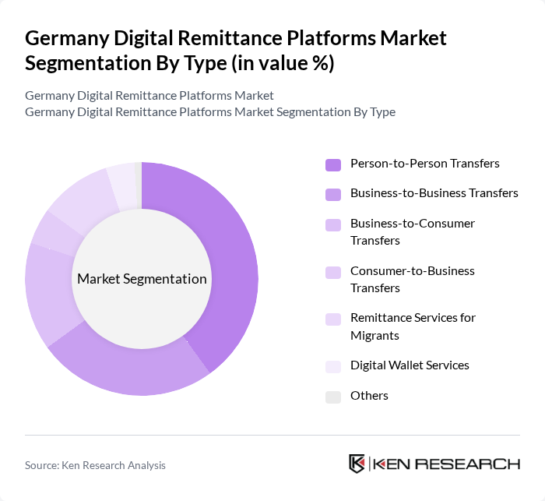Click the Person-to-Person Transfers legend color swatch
click(333, 164)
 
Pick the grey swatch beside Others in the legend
click(333, 397)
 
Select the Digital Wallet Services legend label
click(410, 365)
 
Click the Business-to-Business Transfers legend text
click(434, 192)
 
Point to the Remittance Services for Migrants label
click(413, 326)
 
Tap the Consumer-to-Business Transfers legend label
click(413, 279)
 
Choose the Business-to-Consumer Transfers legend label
click(413, 231)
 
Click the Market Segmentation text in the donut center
click(142, 279)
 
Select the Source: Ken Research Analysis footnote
click(95, 465)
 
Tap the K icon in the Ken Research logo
click(357, 464)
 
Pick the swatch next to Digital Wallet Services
click(333, 366)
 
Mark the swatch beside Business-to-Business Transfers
click(333, 194)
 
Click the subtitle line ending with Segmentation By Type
click(210, 111)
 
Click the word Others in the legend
click(369, 395)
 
